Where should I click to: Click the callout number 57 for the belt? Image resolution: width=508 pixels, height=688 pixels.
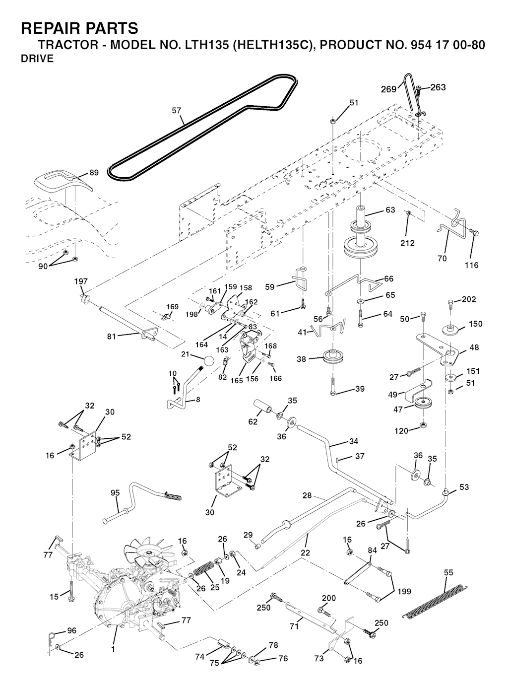point(177,111)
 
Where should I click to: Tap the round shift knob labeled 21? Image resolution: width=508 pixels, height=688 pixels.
point(210,360)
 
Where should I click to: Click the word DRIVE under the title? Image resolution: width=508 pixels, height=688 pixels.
point(37,59)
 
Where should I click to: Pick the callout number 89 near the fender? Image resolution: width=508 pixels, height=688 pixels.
point(94,173)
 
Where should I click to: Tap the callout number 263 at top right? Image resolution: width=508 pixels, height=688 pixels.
point(438,87)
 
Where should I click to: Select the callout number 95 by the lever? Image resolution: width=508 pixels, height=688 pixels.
point(115,493)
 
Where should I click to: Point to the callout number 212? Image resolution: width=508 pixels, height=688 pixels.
point(407,243)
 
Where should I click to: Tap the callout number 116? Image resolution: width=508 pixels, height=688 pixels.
point(471,265)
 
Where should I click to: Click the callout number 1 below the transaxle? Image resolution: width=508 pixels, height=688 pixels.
point(113,648)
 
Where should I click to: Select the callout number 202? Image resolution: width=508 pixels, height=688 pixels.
point(469,299)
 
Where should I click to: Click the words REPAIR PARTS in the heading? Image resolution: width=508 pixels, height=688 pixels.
point(79,28)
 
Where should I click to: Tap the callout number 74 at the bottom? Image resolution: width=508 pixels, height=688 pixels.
point(199,656)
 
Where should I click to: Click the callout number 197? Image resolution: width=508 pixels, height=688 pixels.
point(81,281)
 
